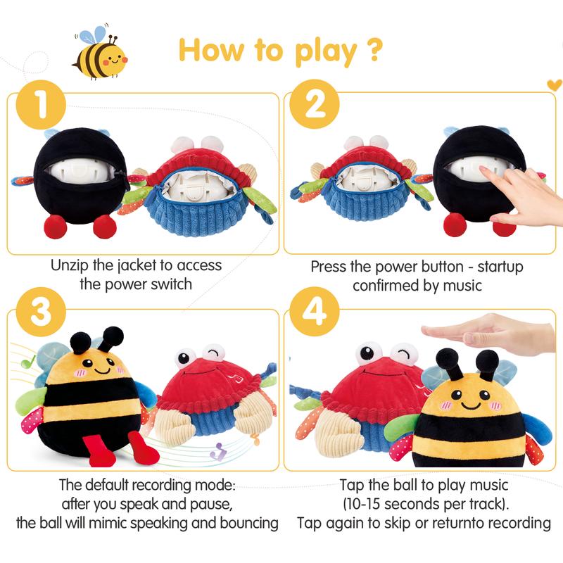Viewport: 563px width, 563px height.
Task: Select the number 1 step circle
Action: pos(41,104)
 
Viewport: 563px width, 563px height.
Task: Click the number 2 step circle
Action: pos(315,104)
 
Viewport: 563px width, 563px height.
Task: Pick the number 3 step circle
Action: pos(41,312)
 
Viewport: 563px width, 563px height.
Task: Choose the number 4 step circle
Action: pos(315,312)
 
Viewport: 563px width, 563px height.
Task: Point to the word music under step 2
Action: pos(462,286)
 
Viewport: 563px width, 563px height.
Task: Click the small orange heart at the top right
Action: pos(554,85)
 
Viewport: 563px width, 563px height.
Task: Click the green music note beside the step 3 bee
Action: pos(27,362)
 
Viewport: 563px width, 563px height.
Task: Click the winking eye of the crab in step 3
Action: pos(213,354)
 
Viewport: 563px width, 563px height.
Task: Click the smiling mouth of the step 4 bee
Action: pos(471,406)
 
